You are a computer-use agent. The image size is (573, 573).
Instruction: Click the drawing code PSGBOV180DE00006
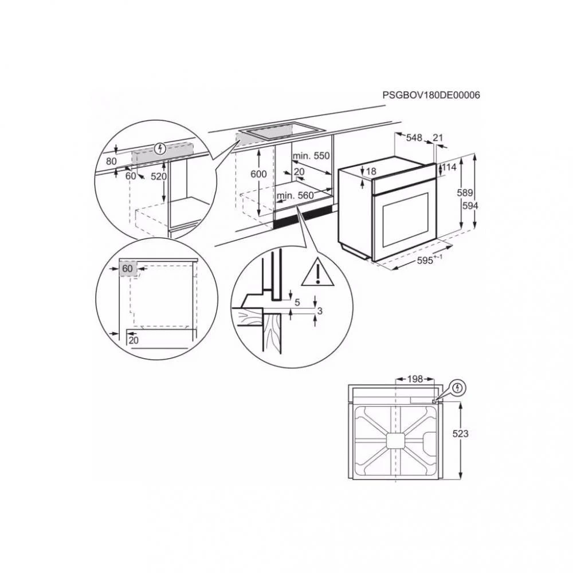[x=431, y=95]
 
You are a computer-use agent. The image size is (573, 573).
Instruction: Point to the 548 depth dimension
[x=414, y=138]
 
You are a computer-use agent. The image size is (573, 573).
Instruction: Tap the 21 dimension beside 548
[x=438, y=138]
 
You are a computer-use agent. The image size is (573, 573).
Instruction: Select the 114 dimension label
[x=449, y=167]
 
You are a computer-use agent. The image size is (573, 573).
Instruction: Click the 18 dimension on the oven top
[x=371, y=171]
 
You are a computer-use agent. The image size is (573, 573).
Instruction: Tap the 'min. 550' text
[x=311, y=156]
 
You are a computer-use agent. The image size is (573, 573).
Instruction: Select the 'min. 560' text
[x=295, y=195]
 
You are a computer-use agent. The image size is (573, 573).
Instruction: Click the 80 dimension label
[x=111, y=162]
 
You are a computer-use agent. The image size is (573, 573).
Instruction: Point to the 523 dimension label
[x=460, y=434]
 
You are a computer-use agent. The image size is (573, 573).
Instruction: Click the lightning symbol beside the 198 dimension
[x=457, y=388]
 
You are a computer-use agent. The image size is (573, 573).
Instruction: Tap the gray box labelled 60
[x=128, y=269]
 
